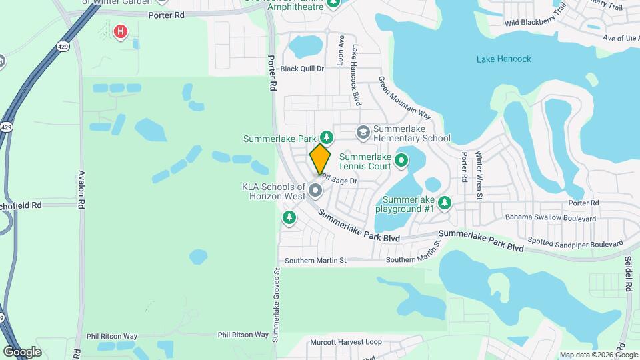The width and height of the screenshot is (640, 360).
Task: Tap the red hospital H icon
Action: pos(120,31)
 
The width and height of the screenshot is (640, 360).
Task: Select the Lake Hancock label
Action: pos(503,59)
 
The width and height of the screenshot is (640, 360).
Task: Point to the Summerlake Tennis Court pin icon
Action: pos(401,160)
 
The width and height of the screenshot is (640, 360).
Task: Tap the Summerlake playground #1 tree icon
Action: pos(444,202)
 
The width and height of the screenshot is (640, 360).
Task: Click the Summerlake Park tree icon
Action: pos(325,137)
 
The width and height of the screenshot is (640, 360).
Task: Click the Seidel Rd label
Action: pos(628,274)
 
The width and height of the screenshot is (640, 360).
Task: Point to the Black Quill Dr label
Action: pos(301,69)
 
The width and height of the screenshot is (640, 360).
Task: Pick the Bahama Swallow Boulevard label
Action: pos(550,218)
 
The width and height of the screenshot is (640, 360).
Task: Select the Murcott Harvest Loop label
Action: pos(345,343)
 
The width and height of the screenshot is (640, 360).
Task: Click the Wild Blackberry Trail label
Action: pos(535,15)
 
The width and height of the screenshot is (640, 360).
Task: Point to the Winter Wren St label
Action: pos(478,175)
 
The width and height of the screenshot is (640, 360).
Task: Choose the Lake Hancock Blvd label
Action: pos(357,75)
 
